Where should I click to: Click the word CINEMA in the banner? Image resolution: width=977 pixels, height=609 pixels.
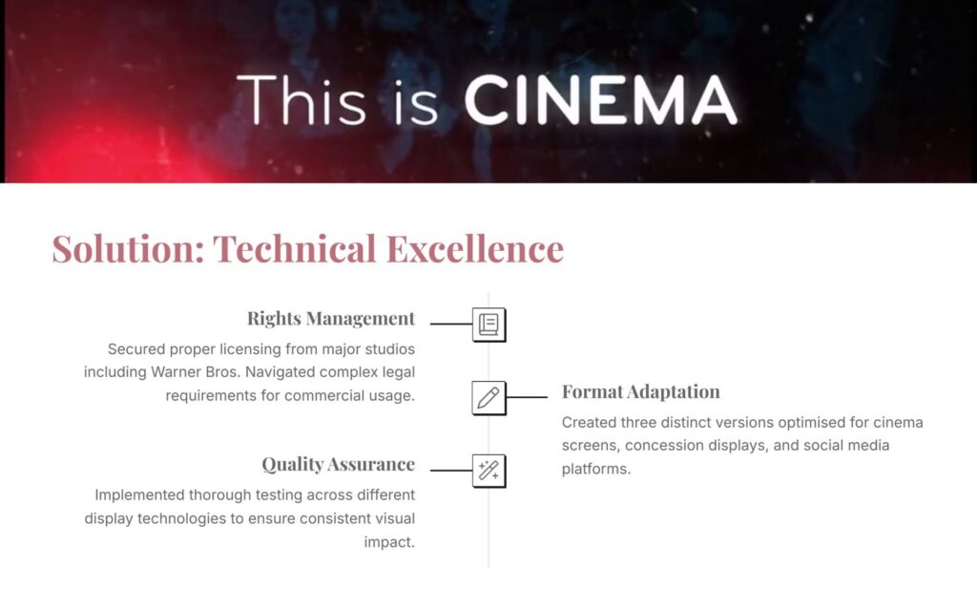(x=601, y=100)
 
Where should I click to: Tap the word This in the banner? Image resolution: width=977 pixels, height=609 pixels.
(x=301, y=100)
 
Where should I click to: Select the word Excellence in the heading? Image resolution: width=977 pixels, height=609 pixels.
(x=475, y=249)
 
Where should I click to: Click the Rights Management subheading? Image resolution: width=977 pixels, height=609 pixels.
(x=331, y=319)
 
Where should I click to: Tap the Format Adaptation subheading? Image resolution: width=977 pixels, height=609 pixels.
(x=640, y=391)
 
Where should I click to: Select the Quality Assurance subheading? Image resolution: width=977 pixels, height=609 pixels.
(x=339, y=464)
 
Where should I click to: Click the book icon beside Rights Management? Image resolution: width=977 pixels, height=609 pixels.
(x=488, y=325)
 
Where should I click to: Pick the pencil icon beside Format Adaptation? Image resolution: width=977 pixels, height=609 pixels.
(x=488, y=398)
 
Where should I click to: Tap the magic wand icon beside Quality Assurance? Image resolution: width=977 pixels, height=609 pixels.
(x=488, y=471)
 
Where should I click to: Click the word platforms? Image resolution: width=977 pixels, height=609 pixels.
(x=596, y=470)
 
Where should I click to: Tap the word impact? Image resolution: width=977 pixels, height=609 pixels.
(x=389, y=542)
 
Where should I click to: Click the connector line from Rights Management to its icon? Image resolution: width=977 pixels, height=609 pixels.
(x=451, y=325)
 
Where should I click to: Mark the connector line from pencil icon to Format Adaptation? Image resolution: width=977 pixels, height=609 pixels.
(x=527, y=397)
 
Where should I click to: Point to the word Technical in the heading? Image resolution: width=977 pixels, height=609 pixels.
(x=295, y=249)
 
